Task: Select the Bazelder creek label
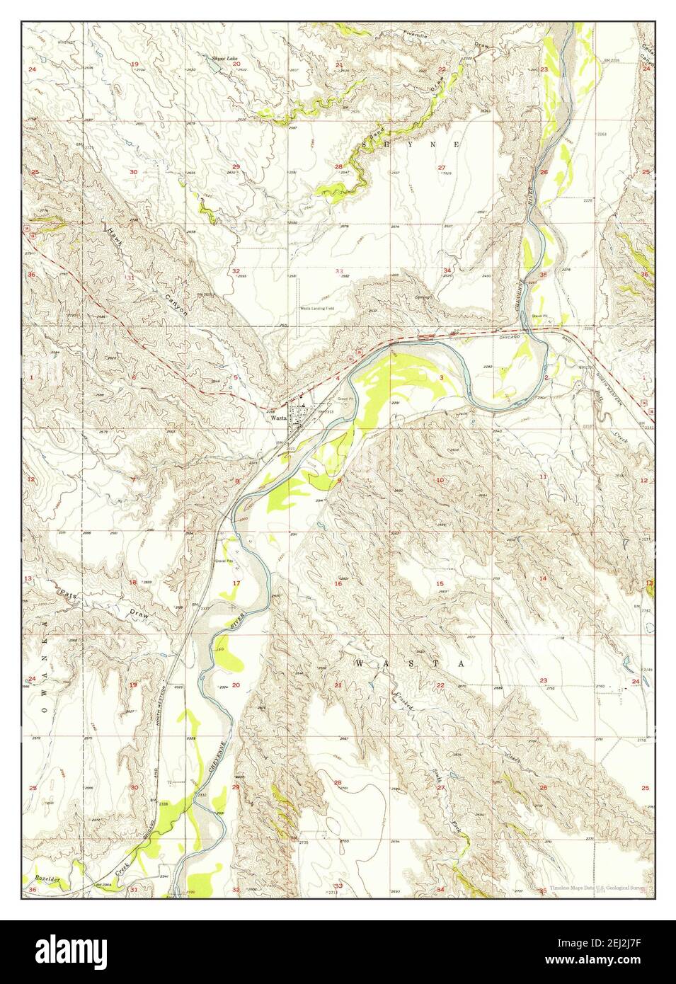(x=45, y=878)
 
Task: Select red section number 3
(x=441, y=377)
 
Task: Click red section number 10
(x=440, y=481)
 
